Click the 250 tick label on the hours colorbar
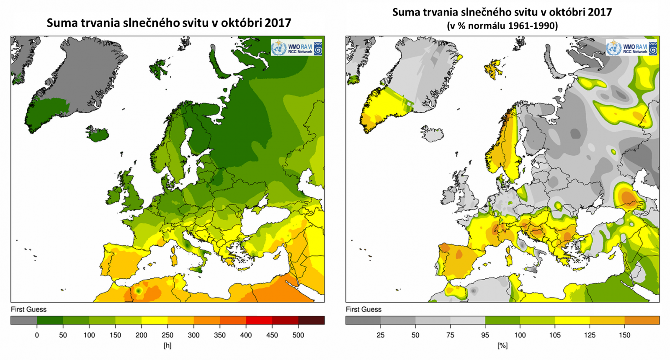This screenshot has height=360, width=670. [167, 335]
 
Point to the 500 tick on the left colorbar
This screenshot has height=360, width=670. [298, 335]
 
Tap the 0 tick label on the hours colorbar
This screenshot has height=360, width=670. [37, 335]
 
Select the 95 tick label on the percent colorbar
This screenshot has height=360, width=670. [485, 335]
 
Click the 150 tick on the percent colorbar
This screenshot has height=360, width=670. [624, 335]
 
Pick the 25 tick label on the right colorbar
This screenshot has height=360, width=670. [380, 335]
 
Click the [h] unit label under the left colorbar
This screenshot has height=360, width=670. [167, 346]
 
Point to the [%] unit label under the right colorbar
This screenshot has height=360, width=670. [502, 346]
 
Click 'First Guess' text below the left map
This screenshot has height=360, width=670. [28, 309]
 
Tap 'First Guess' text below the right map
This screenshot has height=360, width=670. [363, 309]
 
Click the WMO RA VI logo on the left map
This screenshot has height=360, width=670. [296, 48]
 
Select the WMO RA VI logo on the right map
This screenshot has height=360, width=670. [631, 48]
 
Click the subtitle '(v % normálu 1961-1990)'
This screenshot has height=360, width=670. [502, 26]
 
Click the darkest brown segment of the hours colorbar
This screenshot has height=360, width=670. [311, 321]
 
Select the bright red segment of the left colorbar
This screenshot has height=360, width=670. [259, 321]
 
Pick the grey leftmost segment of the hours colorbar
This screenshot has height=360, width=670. [24, 321]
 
